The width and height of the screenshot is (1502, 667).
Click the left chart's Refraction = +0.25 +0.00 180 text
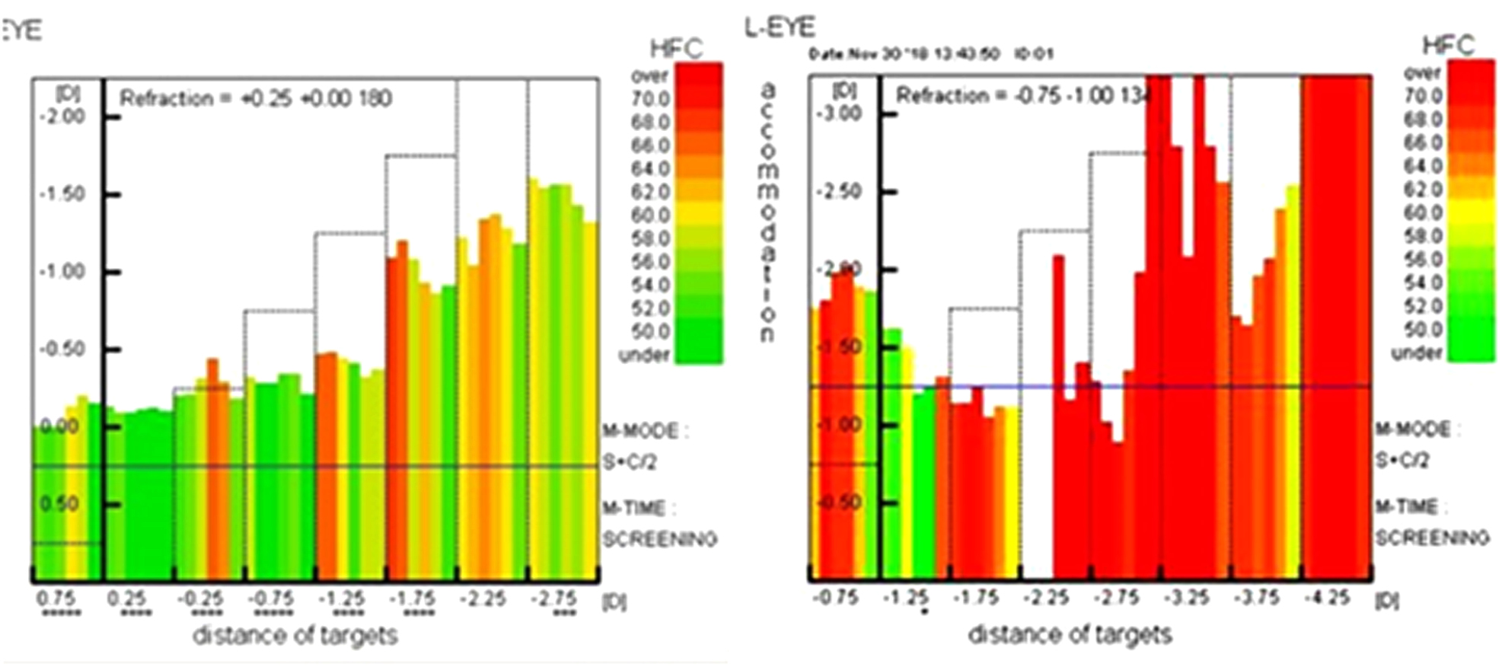tap(256, 99)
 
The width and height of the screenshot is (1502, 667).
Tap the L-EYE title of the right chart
tap(780, 28)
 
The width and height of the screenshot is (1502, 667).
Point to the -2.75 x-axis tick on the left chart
tap(553, 599)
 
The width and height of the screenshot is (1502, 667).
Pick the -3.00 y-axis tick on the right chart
tap(840, 113)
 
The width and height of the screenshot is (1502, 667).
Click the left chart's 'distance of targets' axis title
tap(295, 635)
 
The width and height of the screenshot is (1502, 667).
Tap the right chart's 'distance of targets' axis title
tap(1070, 633)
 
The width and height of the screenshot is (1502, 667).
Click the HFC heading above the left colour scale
tap(676, 49)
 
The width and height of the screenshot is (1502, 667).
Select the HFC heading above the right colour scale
tap(1449, 46)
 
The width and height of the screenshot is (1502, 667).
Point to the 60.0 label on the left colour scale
tap(650, 215)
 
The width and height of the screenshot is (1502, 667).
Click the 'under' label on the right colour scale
tap(1417, 353)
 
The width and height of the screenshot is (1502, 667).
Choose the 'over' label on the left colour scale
tap(649, 76)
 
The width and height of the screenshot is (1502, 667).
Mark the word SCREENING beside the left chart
tap(660, 540)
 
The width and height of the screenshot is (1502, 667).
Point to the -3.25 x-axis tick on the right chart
tap(1187, 598)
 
